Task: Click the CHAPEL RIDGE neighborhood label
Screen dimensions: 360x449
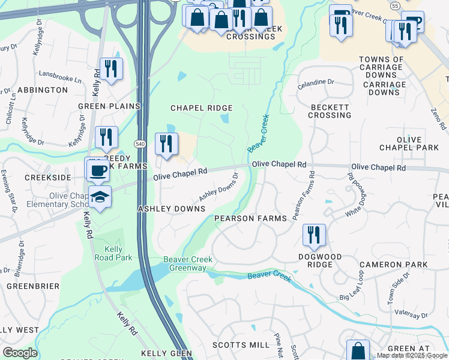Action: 201,108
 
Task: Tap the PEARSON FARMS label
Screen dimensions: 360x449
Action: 251,218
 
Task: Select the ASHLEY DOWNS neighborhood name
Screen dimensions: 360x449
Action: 172,208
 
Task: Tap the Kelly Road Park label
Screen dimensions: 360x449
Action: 109,253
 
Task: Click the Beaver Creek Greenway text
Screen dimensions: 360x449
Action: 188,264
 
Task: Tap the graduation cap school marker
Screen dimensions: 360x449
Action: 100,196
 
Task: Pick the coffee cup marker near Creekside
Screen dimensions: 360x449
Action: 98,170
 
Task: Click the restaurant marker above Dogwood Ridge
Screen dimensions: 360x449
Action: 313,235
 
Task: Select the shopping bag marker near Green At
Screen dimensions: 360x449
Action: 358,350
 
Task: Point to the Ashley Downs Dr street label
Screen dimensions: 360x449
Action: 219,188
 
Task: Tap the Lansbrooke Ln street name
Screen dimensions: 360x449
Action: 60,79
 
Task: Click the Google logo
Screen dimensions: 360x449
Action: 20,353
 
